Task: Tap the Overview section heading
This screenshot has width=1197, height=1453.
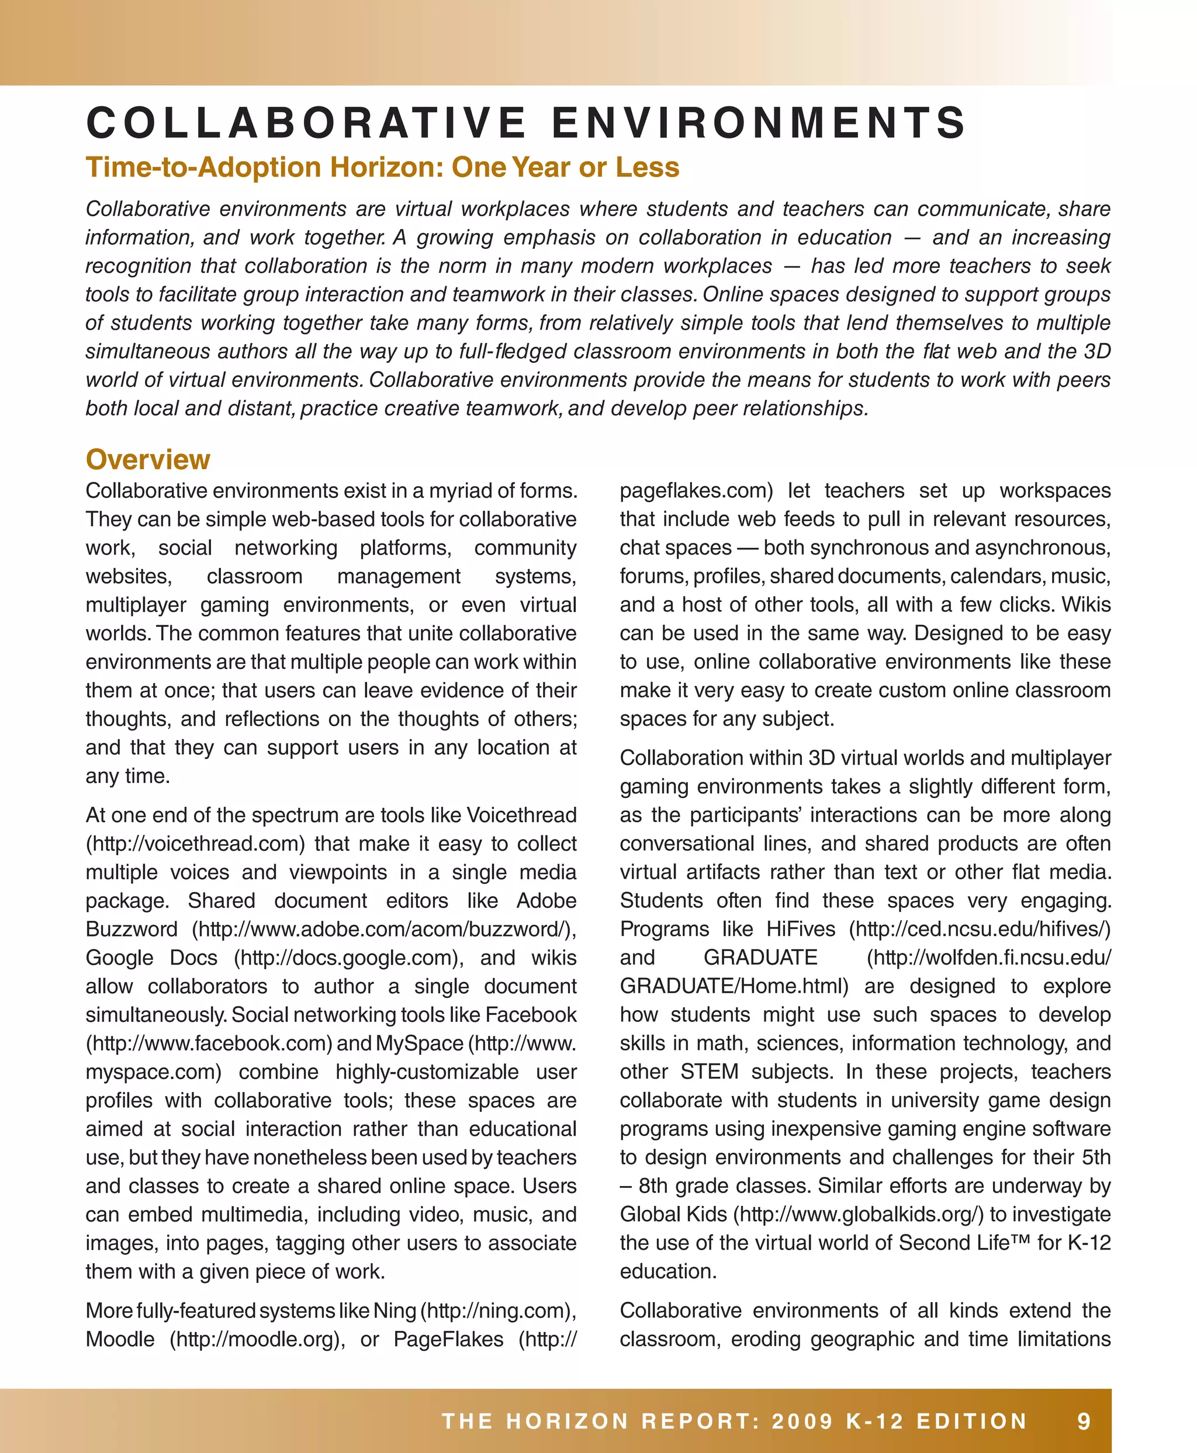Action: [x=147, y=460]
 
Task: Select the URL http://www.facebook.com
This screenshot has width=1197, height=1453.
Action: [x=209, y=1043]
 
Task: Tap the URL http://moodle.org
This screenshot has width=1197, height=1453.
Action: [x=257, y=1338]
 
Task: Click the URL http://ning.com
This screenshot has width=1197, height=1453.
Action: [x=498, y=1310]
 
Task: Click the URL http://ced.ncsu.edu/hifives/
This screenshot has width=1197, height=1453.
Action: [x=979, y=929]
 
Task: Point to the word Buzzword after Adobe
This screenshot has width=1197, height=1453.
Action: [x=131, y=929]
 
